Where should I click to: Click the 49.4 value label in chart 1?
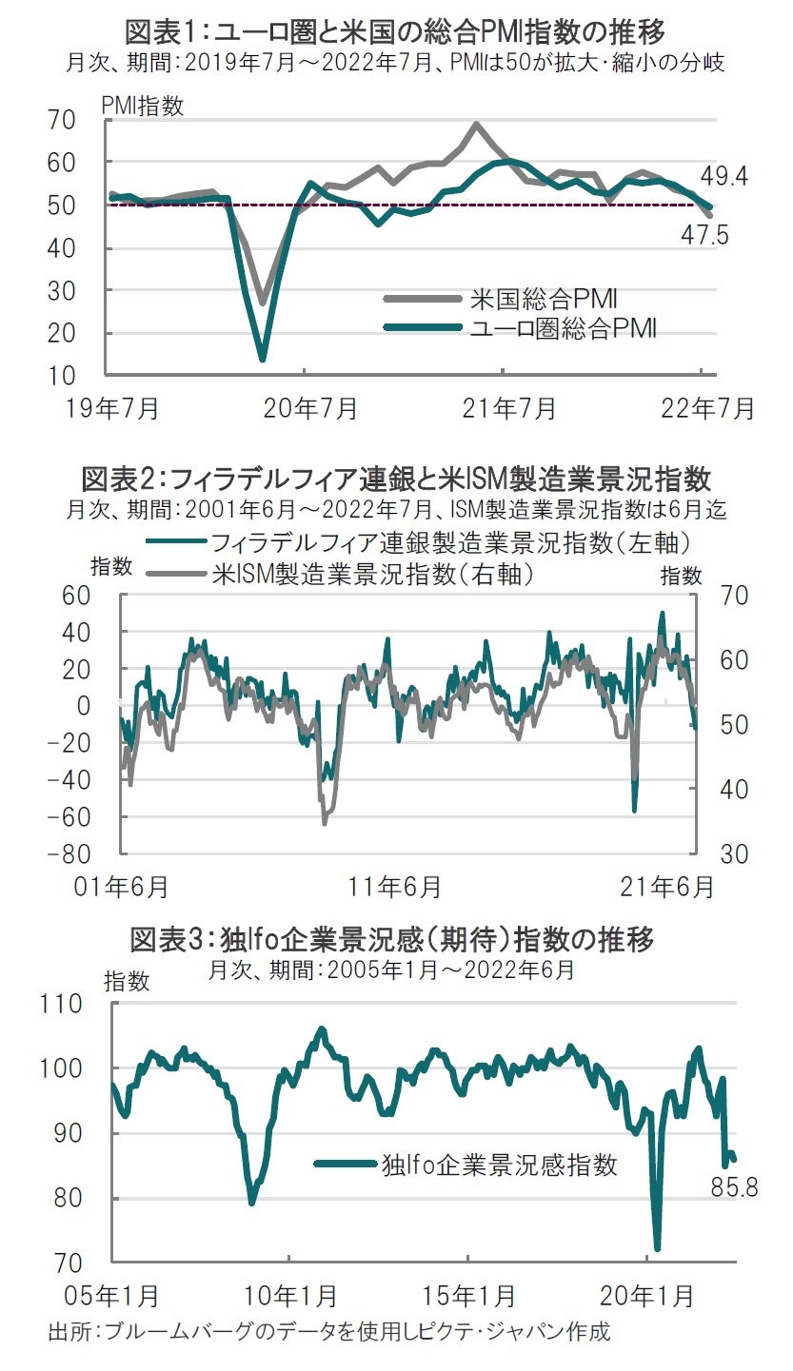coord(724,176)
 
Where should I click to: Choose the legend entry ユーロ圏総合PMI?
coord(563,328)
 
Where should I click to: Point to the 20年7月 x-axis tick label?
coord(310,409)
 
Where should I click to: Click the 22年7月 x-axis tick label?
coord(706,409)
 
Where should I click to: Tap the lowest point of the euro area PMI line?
coord(263,359)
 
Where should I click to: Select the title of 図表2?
coord(396,478)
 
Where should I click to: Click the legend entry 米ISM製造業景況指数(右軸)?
coord(370,574)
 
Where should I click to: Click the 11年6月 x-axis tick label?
coord(395,888)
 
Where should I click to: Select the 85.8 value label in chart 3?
coord(733,1187)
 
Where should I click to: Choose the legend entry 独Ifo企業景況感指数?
coord(499,1164)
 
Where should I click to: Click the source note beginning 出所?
coord(328,1331)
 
